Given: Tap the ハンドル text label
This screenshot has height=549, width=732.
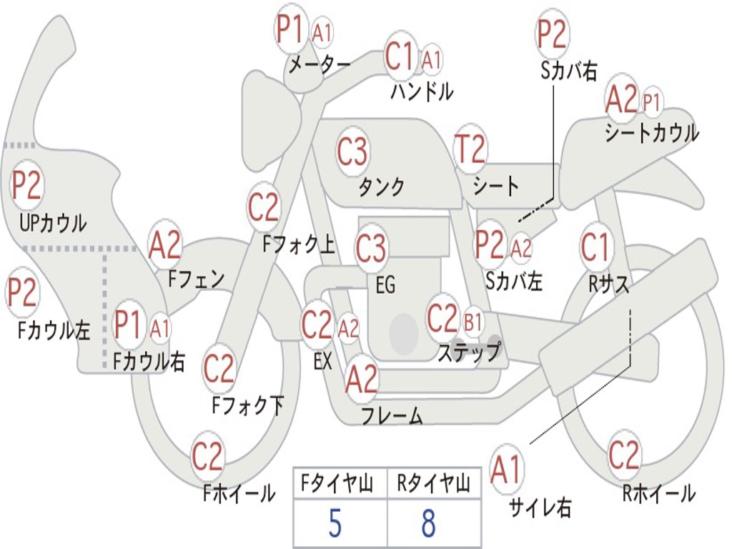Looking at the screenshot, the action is tap(422, 91).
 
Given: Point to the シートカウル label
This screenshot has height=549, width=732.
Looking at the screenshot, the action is tap(651, 134).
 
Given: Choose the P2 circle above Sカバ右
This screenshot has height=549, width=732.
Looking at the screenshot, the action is tap(552, 34).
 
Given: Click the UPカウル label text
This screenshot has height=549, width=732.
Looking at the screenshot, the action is tap(53, 223).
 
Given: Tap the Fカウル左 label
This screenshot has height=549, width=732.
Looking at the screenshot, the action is tap(54, 330).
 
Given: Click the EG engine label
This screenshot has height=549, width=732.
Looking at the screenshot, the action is tap(385, 285).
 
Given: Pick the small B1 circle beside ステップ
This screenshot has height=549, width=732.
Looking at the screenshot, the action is tap(473, 323).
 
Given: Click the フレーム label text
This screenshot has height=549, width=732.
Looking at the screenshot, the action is tap(392, 415).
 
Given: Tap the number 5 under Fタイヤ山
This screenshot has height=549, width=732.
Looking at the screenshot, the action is tap(335, 525).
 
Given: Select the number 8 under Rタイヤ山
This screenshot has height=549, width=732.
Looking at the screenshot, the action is tap(428, 525).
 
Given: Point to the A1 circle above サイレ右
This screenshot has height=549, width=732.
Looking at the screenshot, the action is tap(507, 470).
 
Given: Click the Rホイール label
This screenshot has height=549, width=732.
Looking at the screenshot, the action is tap(659, 493).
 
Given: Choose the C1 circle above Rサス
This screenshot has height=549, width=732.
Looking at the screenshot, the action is tap(595, 247).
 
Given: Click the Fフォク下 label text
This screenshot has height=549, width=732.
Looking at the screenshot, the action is tap(248, 405).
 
